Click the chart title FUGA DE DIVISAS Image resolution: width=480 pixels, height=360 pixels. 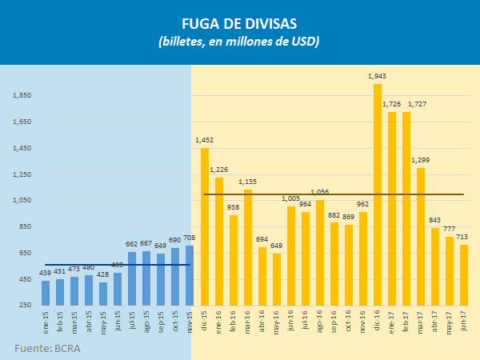[239, 23]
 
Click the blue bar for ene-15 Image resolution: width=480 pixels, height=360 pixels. [46, 293]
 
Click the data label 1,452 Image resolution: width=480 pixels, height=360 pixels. [205, 140]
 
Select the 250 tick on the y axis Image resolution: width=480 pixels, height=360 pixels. [26, 306]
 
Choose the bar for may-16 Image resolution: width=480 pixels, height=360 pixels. [277, 279]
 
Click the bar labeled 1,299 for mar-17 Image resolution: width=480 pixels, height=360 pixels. [420, 237]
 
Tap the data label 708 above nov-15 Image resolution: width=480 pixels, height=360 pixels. [190, 238]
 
